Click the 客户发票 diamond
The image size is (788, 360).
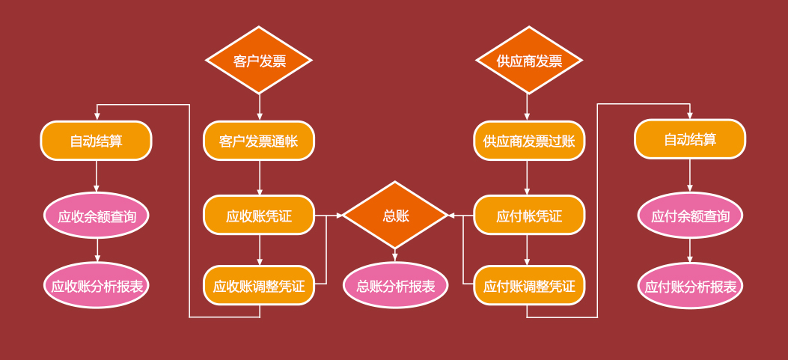tap(259, 61)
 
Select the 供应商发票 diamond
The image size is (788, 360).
tap(529, 61)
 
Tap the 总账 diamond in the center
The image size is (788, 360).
tap(395, 216)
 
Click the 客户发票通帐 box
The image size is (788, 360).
tap(259, 141)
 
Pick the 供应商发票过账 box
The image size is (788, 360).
tap(529, 141)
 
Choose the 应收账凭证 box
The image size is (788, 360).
tap(259, 216)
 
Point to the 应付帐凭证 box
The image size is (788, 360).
tap(529, 216)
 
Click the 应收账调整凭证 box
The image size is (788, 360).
tap(259, 285)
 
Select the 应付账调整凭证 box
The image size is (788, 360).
tap(529, 285)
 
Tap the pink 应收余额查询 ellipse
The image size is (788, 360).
tap(97, 216)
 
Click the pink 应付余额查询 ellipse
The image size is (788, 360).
tap(690, 216)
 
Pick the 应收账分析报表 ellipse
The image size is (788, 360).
tap(97, 285)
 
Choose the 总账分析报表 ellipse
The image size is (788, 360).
tap(395, 285)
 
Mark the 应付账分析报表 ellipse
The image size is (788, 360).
tap(690, 286)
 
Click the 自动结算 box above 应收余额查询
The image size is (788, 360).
tap(97, 141)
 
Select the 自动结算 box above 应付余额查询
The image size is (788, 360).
tap(690, 139)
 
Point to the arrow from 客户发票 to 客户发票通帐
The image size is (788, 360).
tap(260, 107)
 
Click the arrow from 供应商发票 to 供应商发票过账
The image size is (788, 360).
tap(527, 107)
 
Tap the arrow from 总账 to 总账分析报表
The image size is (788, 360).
tap(395, 255)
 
